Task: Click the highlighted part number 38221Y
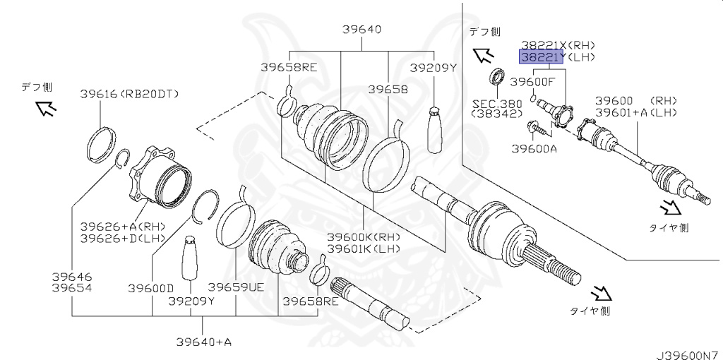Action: coord(542,56)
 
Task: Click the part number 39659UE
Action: coord(235,287)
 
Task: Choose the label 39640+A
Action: coord(204,342)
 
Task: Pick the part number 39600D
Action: coord(151,287)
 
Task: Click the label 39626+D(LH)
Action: coord(122,238)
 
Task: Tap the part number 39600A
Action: coord(534,148)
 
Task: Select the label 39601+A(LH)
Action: coord(635,112)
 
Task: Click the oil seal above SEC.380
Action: coord(498,74)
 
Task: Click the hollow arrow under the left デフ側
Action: coord(46,107)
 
